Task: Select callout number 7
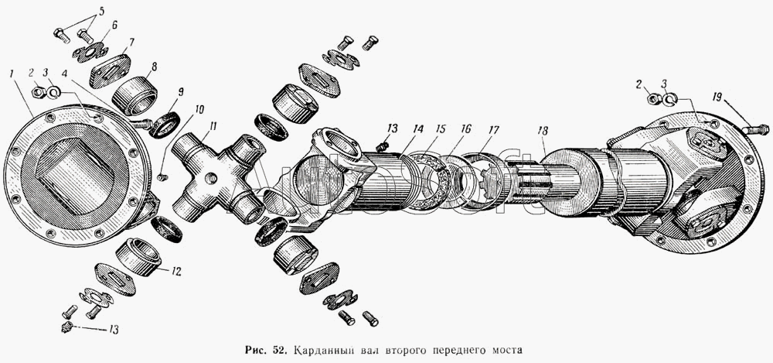pyautogui.click(x=131, y=42)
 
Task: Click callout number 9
pyautogui.click(x=180, y=92)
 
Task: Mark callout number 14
pyautogui.click(x=418, y=128)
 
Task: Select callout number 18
pyautogui.click(x=543, y=134)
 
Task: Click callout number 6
pyautogui.click(x=114, y=26)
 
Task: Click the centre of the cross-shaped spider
pyautogui.click(x=210, y=177)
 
